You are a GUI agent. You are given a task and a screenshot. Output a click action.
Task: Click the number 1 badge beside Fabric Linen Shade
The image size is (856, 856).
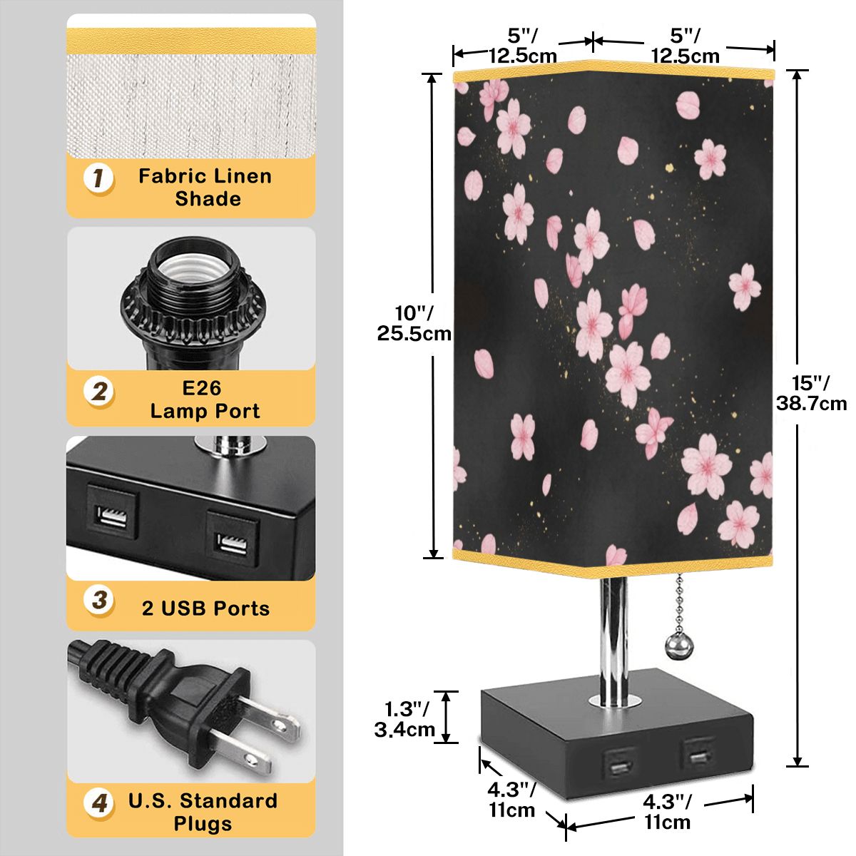[x=98, y=178]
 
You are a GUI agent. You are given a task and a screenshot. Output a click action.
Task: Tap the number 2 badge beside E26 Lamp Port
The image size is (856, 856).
[x=99, y=392]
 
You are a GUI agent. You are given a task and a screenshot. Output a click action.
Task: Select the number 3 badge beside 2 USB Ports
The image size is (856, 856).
[x=99, y=601]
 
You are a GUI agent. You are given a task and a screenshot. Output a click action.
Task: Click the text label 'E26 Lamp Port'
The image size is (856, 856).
[x=205, y=399]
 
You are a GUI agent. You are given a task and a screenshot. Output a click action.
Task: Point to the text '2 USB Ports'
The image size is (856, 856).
[x=205, y=608]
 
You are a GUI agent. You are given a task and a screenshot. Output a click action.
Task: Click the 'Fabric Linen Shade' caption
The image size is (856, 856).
[x=205, y=187]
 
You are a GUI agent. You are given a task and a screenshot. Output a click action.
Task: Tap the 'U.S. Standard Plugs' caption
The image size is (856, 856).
[x=203, y=812]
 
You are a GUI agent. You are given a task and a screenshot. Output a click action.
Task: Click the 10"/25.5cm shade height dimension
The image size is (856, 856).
[x=413, y=323]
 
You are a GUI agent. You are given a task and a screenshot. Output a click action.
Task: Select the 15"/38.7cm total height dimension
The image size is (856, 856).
[x=810, y=393]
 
